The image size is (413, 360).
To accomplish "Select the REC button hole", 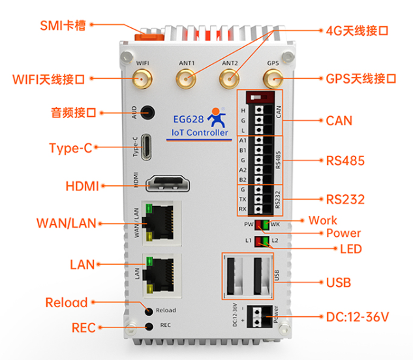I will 149,325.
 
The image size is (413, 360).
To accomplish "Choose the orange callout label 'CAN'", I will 339,121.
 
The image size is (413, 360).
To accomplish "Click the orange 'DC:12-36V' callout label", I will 357,318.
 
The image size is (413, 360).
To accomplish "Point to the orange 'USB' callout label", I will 338,282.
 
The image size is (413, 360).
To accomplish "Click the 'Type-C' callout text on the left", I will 70,148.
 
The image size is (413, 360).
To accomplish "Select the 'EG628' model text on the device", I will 189,120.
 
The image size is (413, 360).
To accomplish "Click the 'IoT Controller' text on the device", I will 200,133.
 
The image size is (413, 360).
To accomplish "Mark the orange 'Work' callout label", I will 322,220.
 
